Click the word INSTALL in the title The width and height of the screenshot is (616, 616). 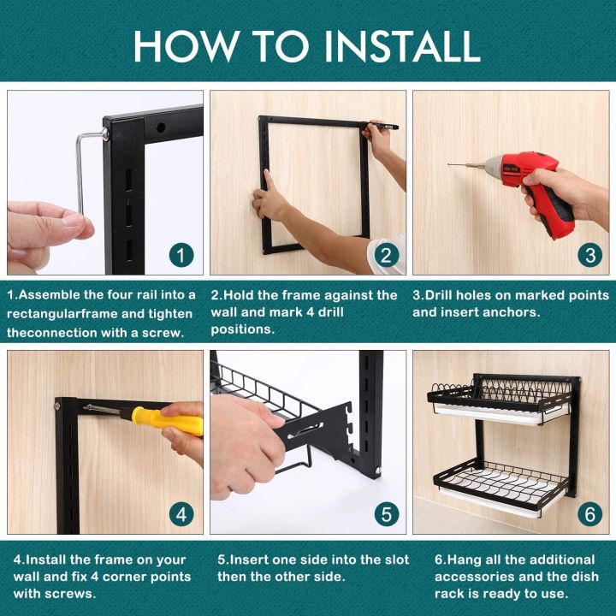pyautogui.click(x=402, y=46)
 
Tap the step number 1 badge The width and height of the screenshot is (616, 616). pyautogui.click(x=181, y=255)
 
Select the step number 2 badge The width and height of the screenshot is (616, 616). pyautogui.click(x=387, y=255)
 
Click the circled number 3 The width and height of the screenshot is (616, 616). pyautogui.click(x=590, y=255)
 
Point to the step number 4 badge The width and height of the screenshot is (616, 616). pyautogui.click(x=181, y=514)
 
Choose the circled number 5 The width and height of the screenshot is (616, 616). pyautogui.click(x=387, y=514)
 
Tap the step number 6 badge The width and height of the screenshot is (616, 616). pyautogui.click(x=590, y=514)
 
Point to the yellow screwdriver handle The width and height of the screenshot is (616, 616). pyautogui.click(x=167, y=421)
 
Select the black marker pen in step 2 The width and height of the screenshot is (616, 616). pyautogui.click(x=383, y=126)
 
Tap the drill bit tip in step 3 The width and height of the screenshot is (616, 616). pyautogui.click(x=449, y=164)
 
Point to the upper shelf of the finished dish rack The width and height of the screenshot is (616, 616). pyautogui.click(x=499, y=399)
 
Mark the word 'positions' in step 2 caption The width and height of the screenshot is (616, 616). pyautogui.click(x=242, y=329)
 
